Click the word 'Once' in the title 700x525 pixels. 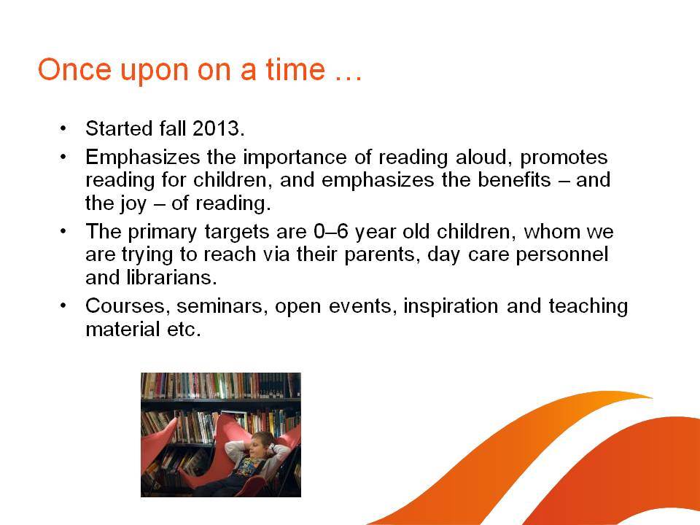point(74,70)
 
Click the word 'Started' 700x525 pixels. point(119,128)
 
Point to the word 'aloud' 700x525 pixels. point(484,157)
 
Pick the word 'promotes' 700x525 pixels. point(564,158)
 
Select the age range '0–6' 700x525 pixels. point(331,232)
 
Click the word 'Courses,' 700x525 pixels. point(128,307)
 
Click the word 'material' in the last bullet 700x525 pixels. point(122,330)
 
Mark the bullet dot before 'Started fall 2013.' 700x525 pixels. point(63,129)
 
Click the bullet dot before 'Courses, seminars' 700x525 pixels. point(63,306)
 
